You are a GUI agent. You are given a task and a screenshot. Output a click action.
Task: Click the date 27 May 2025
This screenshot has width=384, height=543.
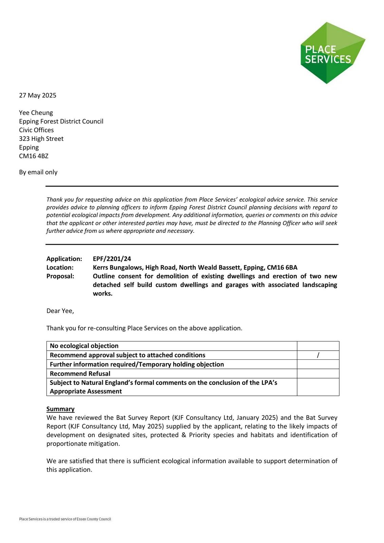[x=38, y=95]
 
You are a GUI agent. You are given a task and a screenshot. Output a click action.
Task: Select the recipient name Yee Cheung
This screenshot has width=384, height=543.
[x=36, y=113]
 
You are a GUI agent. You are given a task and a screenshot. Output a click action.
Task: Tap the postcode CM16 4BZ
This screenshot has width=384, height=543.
[x=34, y=156]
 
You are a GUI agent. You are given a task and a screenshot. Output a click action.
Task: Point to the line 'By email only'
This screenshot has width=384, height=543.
[x=38, y=172]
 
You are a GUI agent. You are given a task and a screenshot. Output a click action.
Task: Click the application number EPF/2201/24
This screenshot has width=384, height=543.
[x=112, y=259]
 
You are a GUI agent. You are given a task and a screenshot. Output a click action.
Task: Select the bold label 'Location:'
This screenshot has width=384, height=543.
[x=60, y=267]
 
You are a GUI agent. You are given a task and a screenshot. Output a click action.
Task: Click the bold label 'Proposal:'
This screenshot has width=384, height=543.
[x=60, y=276]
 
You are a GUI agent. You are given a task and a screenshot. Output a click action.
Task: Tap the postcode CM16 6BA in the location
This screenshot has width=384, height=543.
[x=282, y=267]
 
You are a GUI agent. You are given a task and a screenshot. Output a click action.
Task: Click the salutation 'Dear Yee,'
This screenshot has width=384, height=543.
[x=60, y=311]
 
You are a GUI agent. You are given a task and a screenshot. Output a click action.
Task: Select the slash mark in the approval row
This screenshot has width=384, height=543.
[x=318, y=355]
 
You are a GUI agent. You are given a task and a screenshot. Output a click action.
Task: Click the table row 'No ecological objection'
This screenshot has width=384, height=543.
[x=84, y=346]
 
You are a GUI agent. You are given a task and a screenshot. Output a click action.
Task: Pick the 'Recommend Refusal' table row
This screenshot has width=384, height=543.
[x=80, y=374]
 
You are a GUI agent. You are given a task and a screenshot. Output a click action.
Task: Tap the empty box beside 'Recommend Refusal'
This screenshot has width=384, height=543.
[x=318, y=374]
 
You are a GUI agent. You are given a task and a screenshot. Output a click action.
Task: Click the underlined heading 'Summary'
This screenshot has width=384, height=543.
[x=60, y=409]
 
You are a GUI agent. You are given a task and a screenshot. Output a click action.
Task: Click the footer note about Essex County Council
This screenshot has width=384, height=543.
[x=65, y=519]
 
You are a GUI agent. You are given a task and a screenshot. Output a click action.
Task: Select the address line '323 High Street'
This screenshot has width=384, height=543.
[x=41, y=139]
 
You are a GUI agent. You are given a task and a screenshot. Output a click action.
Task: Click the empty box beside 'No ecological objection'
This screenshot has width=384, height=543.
[x=318, y=346]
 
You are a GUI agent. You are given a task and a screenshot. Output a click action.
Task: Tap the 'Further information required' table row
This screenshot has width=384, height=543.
[x=137, y=364]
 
